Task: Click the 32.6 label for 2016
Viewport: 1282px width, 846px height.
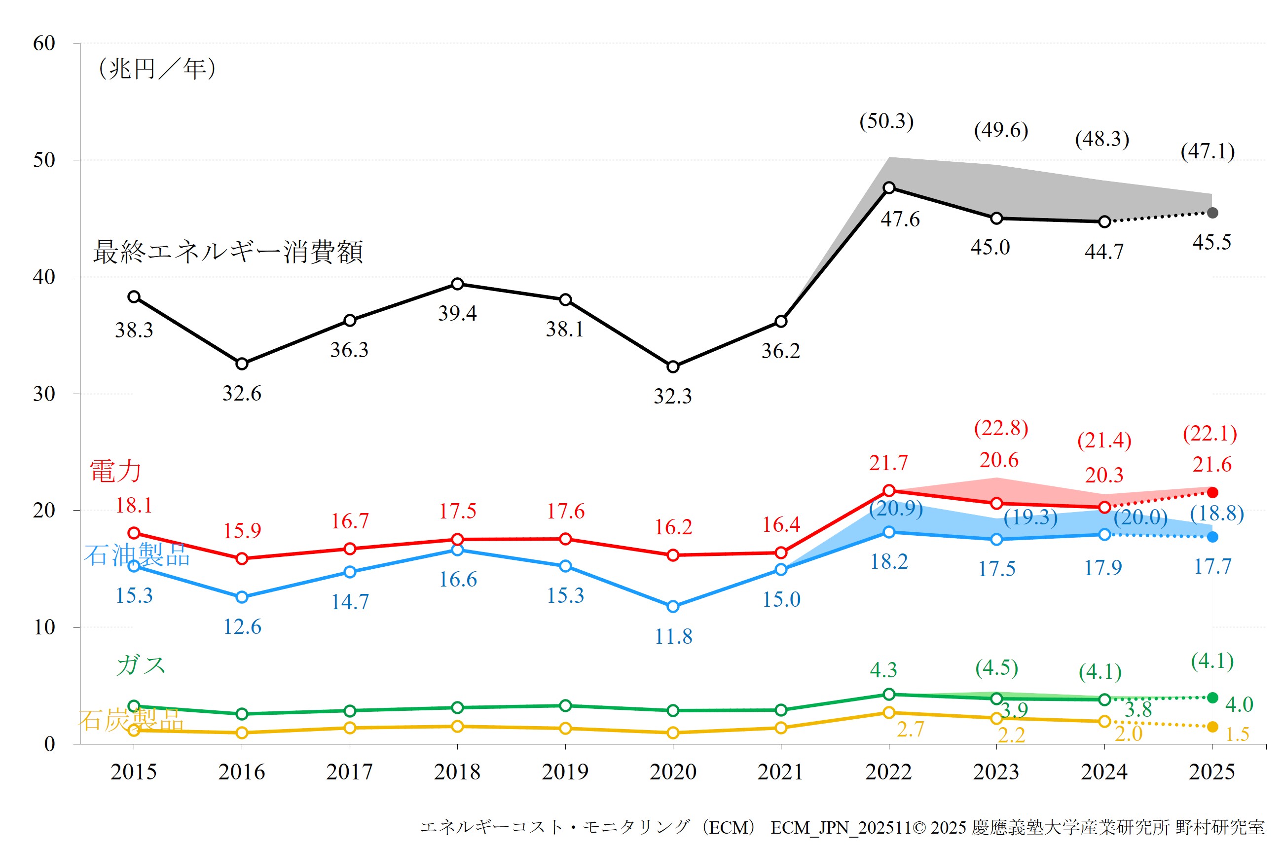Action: (241, 393)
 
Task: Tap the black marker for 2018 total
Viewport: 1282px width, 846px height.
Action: (457, 284)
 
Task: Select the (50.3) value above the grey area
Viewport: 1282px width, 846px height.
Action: (886, 121)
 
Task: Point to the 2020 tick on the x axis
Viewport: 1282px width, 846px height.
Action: (672, 772)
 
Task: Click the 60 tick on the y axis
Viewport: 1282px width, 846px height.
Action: (44, 43)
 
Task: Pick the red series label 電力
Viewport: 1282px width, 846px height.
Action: (115, 471)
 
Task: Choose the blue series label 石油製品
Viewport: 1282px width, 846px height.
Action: (137, 554)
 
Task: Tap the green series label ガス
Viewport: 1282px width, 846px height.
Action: (141, 665)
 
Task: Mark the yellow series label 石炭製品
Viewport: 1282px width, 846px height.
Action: (132, 719)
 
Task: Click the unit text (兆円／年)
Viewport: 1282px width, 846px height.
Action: (157, 69)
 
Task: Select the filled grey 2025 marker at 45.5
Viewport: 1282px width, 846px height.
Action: (1212, 213)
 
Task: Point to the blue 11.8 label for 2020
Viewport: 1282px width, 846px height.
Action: (673, 637)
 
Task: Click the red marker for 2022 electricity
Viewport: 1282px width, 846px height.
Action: (889, 490)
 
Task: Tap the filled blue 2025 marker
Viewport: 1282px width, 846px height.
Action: (1212, 537)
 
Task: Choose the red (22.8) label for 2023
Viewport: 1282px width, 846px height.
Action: (1000, 428)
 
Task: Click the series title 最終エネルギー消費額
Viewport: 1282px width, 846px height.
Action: (228, 252)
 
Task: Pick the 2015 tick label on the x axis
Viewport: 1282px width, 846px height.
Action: (133, 772)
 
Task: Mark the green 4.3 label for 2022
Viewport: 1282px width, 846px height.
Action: (883, 670)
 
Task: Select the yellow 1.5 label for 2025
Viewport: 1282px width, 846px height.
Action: (1237, 735)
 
